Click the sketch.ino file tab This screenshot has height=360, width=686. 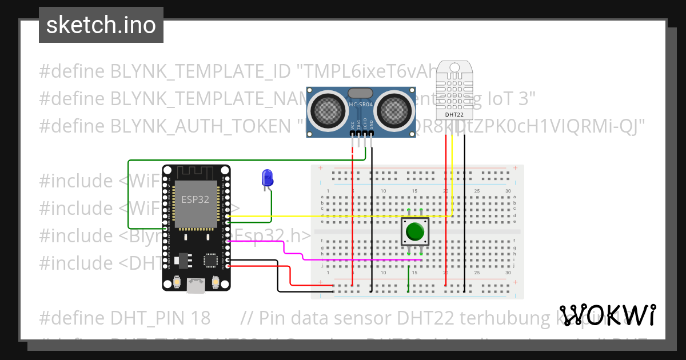pyautogui.click(x=101, y=25)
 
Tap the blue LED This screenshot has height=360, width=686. pyautogui.click(x=266, y=178)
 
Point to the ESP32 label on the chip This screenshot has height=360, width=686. pyautogui.click(x=192, y=199)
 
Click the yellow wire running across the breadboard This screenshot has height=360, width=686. pyautogui.click(x=343, y=217)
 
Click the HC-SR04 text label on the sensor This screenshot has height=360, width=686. pyautogui.click(x=361, y=104)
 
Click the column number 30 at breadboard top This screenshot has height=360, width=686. pyautogui.click(x=508, y=190)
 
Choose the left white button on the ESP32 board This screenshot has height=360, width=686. pyautogui.click(x=177, y=282)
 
